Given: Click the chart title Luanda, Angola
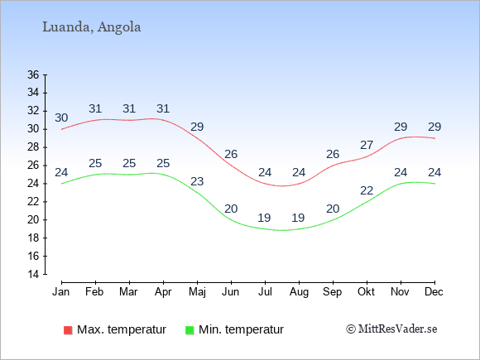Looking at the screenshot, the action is (92, 27).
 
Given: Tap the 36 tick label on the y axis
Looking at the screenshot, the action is (33, 74).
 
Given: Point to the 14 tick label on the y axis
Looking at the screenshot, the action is (33, 274).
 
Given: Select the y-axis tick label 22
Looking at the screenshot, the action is (33, 201).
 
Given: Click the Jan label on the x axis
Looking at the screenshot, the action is (61, 292).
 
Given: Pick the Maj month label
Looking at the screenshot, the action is (197, 292).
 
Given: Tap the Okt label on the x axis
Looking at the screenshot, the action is (366, 292).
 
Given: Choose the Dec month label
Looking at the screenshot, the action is (434, 292).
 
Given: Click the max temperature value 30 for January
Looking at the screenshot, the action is (61, 118).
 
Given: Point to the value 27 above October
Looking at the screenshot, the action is (367, 145).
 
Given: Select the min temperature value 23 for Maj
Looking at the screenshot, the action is (197, 181).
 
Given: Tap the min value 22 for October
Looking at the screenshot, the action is (367, 190).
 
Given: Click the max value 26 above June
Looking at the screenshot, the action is (231, 154).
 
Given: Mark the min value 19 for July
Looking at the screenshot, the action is (264, 218).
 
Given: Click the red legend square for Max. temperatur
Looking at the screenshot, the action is (68, 330).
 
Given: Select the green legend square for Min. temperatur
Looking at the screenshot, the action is (190, 330).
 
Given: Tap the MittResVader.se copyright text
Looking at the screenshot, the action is (391, 329).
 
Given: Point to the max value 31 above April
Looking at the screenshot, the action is (163, 108).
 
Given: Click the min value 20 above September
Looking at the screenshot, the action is (333, 209).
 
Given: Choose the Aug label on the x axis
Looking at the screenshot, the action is (299, 292).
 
